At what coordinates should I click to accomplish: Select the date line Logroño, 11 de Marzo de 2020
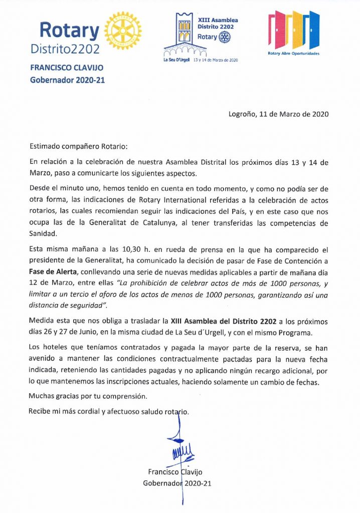pos(278,114)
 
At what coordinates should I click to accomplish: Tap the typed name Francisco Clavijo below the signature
pos(174,471)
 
